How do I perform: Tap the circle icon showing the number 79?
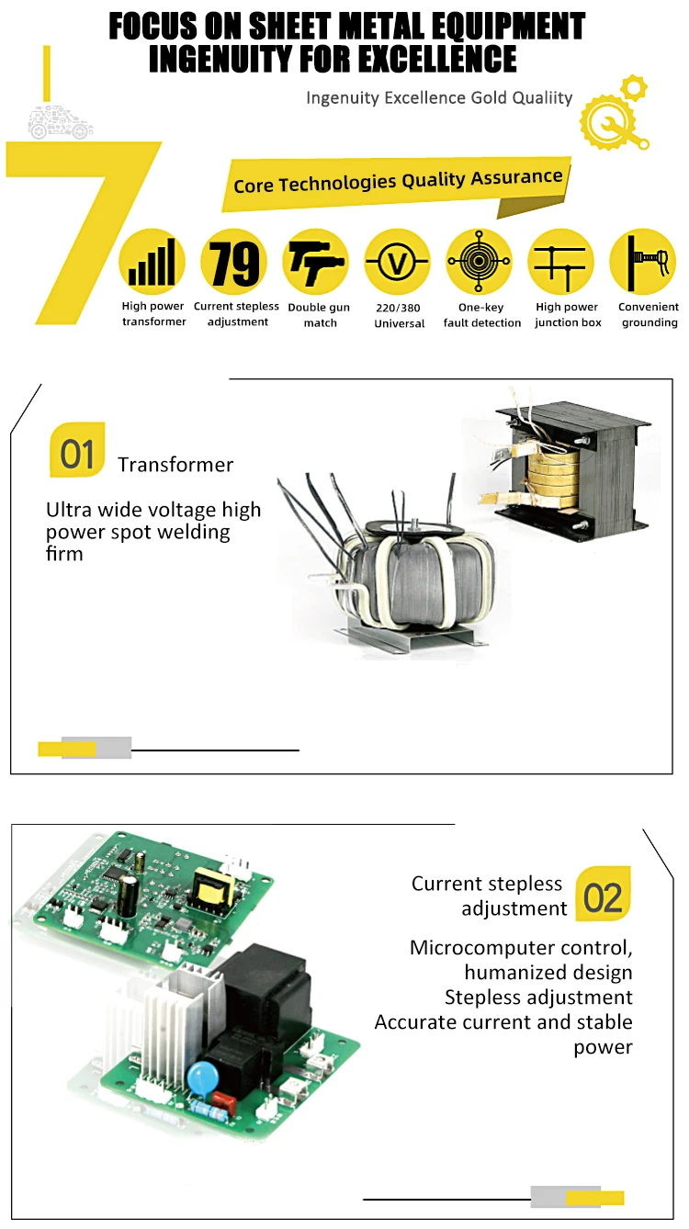(x=234, y=262)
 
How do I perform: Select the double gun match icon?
(x=315, y=262)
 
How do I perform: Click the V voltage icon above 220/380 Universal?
(x=397, y=262)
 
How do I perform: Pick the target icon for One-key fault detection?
(x=479, y=262)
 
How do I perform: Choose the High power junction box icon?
(x=559, y=262)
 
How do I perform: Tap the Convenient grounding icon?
(x=642, y=262)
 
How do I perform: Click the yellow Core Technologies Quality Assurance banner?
(x=398, y=180)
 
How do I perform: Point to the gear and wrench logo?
(x=614, y=116)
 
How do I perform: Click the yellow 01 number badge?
(x=77, y=450)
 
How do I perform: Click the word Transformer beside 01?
(x=175, y=464)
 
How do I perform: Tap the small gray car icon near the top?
(x=61, y=123)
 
